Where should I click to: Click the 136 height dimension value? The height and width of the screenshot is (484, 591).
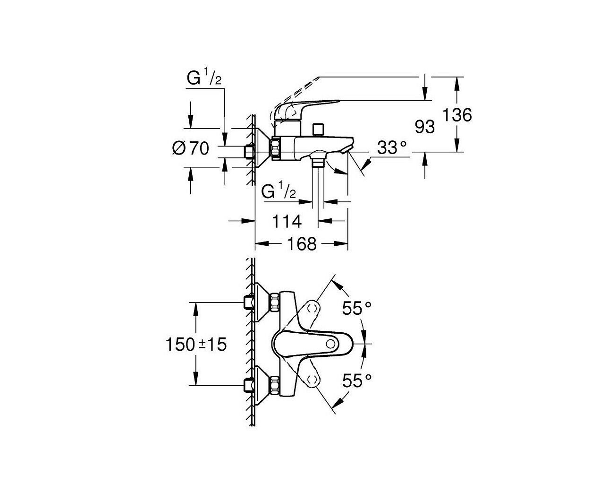[x=457, y=115]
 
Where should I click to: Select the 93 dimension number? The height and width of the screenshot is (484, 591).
[x=424, y=127]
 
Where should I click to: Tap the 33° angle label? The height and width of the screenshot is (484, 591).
[x=391, y=147]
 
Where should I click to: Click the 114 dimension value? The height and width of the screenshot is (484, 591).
[x=287, y=221]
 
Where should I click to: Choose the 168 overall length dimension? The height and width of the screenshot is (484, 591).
[x=302, y=244]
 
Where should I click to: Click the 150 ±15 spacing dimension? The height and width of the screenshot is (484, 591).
[x=196, y=344]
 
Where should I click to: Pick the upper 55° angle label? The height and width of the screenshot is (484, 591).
[x=357, y=308]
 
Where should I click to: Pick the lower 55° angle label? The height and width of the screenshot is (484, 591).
[x=357, y=381]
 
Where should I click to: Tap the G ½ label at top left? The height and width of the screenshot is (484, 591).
[x=204, y=78]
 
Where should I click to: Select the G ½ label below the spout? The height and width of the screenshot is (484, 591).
[x=278, y=191]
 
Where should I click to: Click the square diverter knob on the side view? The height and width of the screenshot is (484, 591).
[x=318, y=130]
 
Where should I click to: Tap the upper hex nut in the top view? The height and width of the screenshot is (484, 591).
[x=274, y=303]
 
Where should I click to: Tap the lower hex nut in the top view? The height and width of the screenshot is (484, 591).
[x=274, y=386]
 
